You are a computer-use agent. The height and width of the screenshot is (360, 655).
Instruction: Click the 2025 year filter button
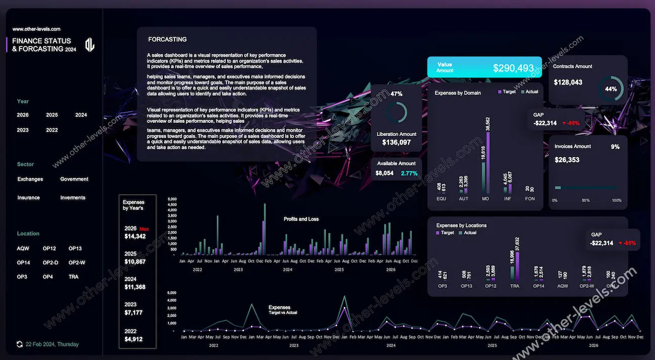[x=52, y=115]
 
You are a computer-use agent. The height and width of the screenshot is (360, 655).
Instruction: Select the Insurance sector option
[x=28, y=198]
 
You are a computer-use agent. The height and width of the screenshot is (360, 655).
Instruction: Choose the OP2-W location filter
[x=77, y=262]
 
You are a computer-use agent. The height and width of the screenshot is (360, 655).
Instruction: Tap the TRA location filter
[x=74, y=277]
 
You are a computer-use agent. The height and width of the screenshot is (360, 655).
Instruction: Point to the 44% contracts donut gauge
[x=611, y=89]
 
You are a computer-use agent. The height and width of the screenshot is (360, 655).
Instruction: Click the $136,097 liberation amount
[x=396, y=143]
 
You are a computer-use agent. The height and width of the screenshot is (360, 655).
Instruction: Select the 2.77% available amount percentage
[x=409, y=173]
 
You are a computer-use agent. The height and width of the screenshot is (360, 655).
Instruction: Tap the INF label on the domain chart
[x=507, y=199]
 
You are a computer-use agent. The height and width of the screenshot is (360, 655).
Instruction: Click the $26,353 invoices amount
[x=567, y=160]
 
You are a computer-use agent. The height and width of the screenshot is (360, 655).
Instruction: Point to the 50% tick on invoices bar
[x=586, y=200]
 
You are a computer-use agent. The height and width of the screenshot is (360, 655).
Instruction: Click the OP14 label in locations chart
[x=538, y=286]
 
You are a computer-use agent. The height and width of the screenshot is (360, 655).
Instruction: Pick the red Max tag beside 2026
[x=144, y=229]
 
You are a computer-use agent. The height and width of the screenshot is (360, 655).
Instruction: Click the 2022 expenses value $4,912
[x=133, y=339]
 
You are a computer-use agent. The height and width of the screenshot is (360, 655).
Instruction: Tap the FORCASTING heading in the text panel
[x=167, y=39]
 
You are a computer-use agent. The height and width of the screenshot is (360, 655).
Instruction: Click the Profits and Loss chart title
[x=301, y=219]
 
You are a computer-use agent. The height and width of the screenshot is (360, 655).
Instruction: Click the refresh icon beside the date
[x=20, y=344]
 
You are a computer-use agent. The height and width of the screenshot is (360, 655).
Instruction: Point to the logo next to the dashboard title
[x=89, y=44]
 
